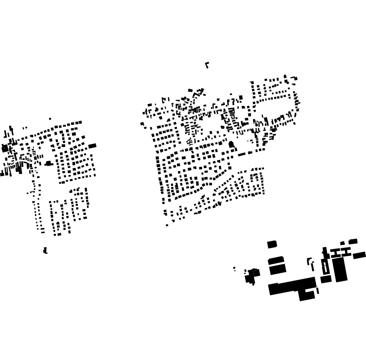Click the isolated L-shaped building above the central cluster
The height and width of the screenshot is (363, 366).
click(x=207, y=64)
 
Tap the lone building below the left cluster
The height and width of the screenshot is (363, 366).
click(x=45, y=250)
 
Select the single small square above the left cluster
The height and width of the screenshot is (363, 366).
click(x=50, y=119)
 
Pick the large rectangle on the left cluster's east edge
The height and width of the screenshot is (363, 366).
click(x=92, y=146)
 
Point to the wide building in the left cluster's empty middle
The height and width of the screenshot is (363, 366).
click(x=48, y=163)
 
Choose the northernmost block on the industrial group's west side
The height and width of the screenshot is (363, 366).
click(x=272, y=244)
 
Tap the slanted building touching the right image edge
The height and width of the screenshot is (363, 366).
click(x=359, y=255)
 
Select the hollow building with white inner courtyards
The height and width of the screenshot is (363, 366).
click(x=325, y=267)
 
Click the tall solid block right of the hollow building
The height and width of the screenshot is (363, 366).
click(x=340, y=269)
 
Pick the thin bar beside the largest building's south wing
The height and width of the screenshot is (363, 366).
click(x=318, y=291)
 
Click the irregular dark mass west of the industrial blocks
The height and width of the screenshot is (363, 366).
click(x=251, y=276)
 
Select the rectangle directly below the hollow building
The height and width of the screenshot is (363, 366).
click(x=326, y=279)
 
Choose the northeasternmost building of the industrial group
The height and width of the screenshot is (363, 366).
click(x=353, y=241)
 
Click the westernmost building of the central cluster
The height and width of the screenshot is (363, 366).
click(x=142, y=124)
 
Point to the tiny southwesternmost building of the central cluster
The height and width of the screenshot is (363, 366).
click(x=167, y=225)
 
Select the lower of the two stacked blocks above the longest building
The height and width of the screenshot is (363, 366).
click(x=277, y=269)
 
